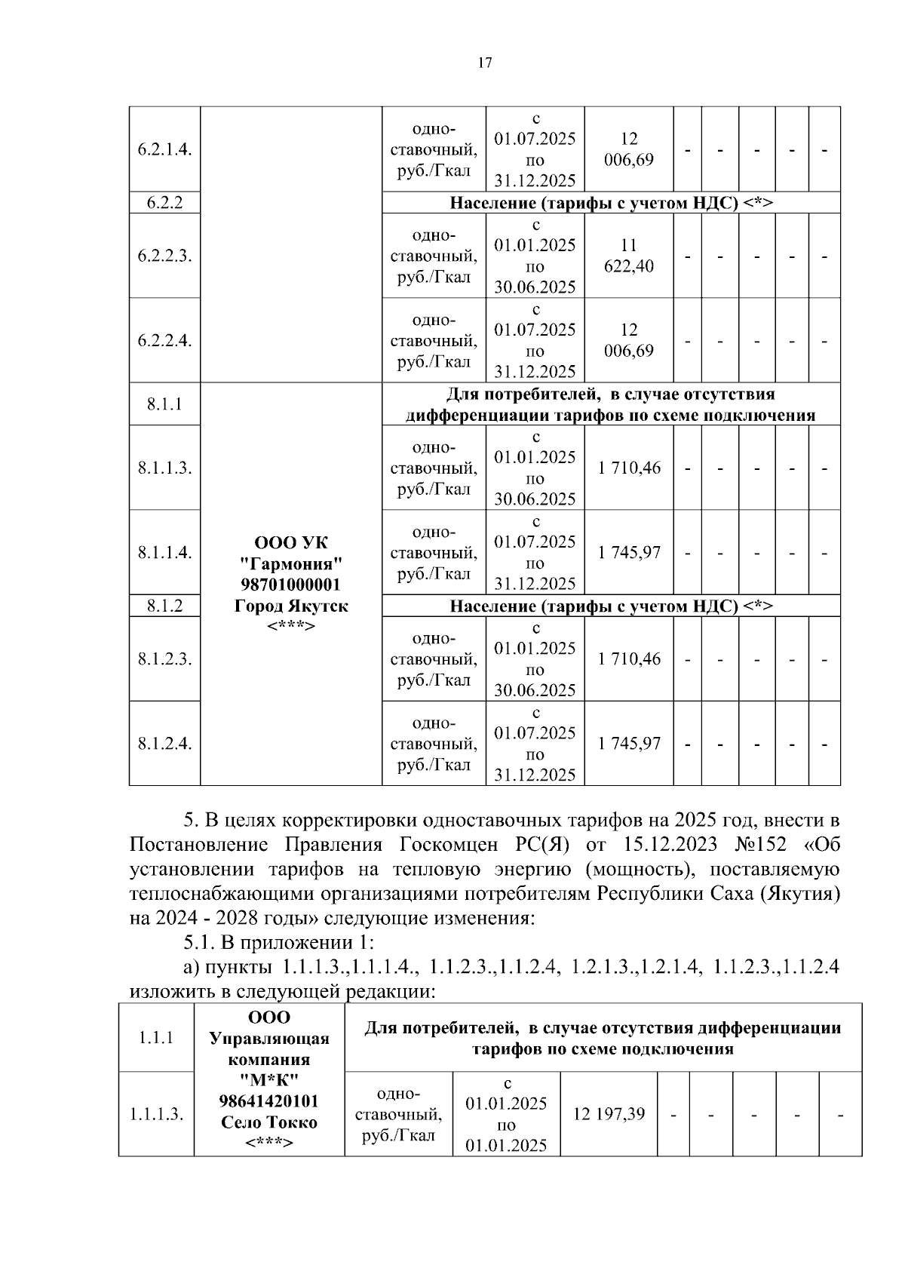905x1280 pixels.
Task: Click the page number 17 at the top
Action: [x=485, y=63]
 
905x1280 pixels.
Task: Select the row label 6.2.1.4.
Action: [x=164, y=149]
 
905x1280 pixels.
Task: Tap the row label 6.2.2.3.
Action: [x=164, y=256]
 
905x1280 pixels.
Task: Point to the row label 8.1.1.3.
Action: [x=164, y=468]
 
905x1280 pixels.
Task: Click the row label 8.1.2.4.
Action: [x=164, y=744]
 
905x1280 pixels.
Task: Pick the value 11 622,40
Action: [x=629, y=256]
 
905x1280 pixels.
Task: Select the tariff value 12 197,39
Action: [x=609, y=1113]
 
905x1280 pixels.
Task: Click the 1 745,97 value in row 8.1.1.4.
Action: [x=629, y=552]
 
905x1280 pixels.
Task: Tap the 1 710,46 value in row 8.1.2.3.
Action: [x=629, y=659]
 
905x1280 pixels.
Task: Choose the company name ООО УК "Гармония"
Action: [x=291, y=554]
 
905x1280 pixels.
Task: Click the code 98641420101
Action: [x=269, y=1101]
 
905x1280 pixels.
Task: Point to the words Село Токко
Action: [x=269, y=1122]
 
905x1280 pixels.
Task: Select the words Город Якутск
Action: [x=291, y=606]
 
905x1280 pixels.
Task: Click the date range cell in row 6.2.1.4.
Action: [x=535, y=149]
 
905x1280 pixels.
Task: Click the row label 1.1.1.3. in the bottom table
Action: [x=156, y=1114]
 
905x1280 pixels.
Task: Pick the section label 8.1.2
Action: [x=164, y=606]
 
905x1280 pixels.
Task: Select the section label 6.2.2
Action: [x=164, y=203]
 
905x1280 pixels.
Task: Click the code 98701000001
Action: [x=291, y=585]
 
